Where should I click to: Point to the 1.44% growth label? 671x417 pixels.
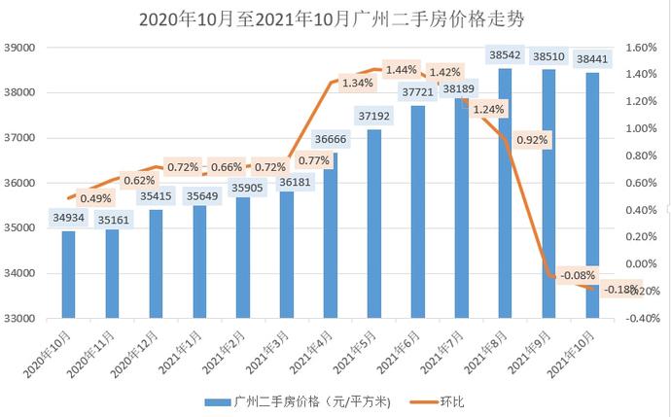[401, 70]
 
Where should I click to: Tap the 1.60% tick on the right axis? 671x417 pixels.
[640, 48]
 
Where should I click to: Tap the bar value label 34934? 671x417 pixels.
[68, 217]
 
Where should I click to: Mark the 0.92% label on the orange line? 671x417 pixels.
[532, 139]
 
